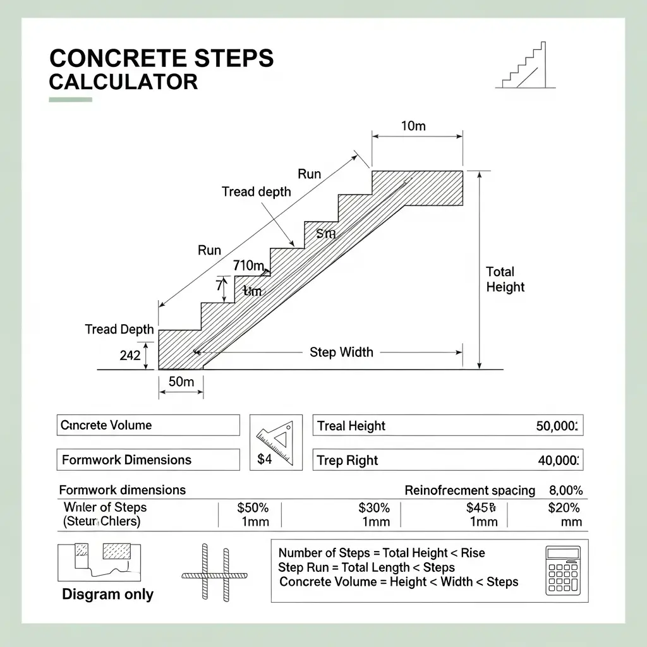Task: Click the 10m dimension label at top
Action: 413,126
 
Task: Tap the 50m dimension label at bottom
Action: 181,382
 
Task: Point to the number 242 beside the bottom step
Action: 130,356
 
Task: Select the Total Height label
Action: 505,279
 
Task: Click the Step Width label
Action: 341,353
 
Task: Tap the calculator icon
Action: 562,571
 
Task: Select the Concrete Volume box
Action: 148,425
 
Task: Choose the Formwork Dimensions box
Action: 148,460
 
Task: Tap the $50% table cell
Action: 253,508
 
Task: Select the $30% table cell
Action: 374,508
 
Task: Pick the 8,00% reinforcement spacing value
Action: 565,490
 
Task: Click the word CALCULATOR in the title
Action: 123,82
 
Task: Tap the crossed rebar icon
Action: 214,572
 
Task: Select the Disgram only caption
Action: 107,595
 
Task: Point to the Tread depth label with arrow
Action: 256,191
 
